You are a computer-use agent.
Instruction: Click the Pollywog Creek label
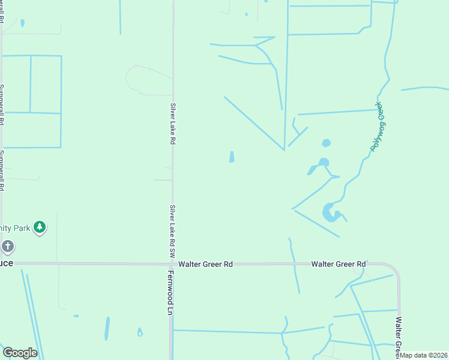click(380, 127)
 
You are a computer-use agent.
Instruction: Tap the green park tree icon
click(40, 227)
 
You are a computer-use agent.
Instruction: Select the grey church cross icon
click(7, 246)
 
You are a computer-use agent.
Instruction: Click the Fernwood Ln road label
click(170, 292)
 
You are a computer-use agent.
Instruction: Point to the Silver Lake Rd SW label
click(172, 229)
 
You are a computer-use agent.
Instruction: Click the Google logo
click(20, 353)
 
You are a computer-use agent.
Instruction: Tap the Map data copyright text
click(424, 355)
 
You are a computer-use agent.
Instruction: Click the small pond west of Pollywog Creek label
click(326, 143)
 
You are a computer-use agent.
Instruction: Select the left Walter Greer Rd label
click(205, 264)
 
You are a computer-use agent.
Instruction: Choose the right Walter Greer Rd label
click(339, 264)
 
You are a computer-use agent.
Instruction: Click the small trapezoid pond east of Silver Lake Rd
click(232, 157)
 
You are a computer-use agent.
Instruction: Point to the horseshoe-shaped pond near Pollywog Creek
click(330, 212)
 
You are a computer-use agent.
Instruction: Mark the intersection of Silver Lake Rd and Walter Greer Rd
click(172, 263)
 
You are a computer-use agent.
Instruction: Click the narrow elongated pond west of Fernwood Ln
click(107, 328)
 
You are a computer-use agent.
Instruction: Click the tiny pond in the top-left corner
click(23, 23)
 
